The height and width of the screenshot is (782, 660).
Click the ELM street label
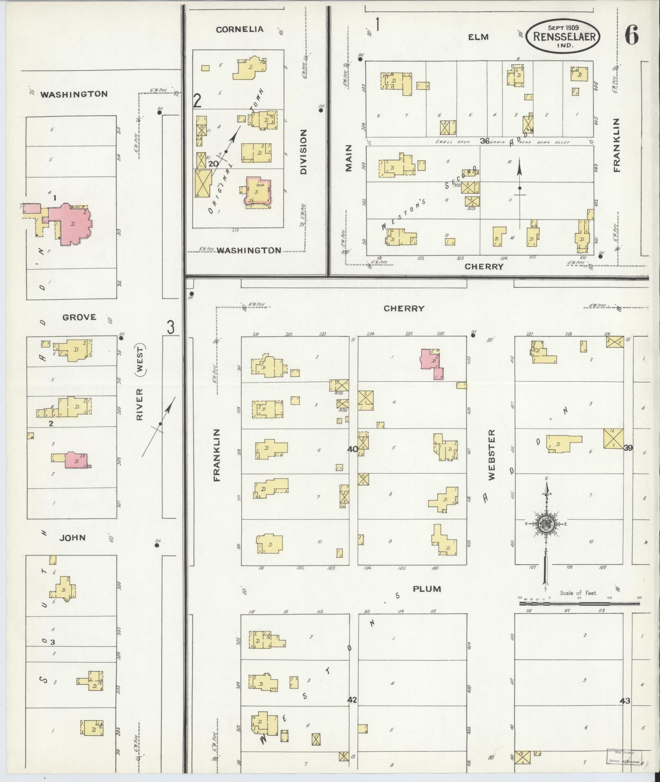[478, 37]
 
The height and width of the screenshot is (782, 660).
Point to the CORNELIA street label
[239, 29]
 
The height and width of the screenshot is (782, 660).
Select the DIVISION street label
[303, 152]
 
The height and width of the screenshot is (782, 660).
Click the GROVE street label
[79, 317]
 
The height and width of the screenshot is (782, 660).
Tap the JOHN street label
[72, 538]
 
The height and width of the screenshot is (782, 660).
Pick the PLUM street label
[426, 589]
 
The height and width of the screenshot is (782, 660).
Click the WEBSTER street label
[491, 454]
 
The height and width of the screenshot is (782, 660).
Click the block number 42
[352, 700]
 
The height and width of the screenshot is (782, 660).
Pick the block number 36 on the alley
[484, 141]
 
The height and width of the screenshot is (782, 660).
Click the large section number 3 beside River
[171, 327]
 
